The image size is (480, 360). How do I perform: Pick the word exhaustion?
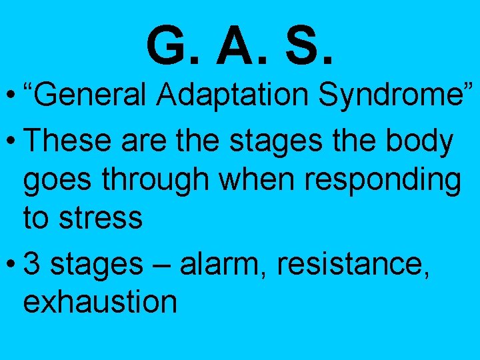(x=100, y=302)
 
